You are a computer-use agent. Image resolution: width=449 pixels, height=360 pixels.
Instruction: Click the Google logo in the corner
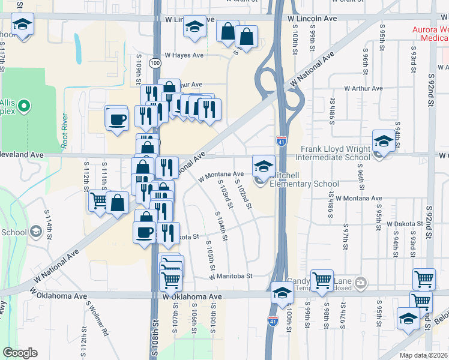pyautogui.click(x=20, y=353)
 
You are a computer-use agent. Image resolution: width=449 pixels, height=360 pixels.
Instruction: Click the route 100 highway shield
pyautogui.click(x=155, y=62)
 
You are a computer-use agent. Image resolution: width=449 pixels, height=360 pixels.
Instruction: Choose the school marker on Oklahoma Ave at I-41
pyautogui.click(x=281, y=293)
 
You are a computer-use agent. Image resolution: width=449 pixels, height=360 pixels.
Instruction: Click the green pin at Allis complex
pyautogui.click(x=24, y=107)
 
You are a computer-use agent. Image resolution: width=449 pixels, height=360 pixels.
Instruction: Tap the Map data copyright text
pyautogui.click(x=423, y=355)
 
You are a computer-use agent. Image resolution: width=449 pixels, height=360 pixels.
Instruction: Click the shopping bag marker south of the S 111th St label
pyautogui.click(x=118, y=203)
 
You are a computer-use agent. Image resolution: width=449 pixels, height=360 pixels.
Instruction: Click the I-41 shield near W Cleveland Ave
pyautogui.click(x=282, y=141)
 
